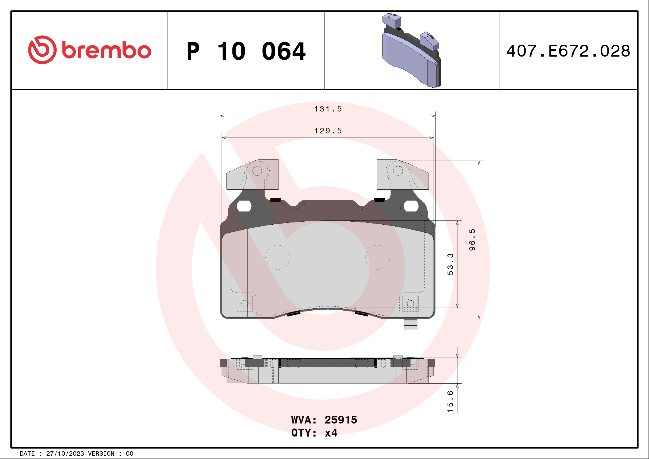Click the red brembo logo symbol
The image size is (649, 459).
(42, 50)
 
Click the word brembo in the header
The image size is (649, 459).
(107, 50)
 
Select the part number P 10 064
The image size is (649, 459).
(246, 51)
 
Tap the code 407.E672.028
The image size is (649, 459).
(568, 51)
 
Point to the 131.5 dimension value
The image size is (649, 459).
(328, 109)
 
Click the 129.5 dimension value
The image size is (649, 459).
(328, 131)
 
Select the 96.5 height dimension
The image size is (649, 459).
(472, 240)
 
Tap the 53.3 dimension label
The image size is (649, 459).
(450, 264)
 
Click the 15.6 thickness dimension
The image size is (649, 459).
(450, 402)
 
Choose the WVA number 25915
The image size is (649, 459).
(341, 420)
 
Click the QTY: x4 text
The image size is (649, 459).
(314, 433)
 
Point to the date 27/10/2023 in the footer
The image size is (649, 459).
(65, 454)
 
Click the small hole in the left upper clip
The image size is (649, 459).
(257, 171)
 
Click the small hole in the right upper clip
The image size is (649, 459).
(398, 171)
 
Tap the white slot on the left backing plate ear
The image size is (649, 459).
(244, 206)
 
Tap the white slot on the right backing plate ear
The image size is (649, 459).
(411, 206)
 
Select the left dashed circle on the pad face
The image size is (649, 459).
(278, 257)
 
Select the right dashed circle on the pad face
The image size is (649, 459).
(378, 257)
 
